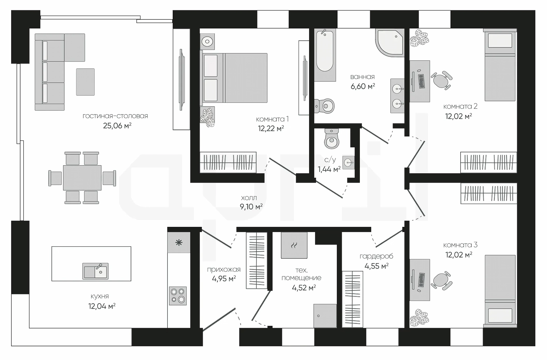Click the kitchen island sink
click(x=95, y=271)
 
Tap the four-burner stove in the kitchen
click(x=178, y=296)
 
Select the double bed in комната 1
click(x=235, y=78)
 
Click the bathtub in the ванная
click(x=325, y=51)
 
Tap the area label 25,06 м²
click(x=117, y=125)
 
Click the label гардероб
click(x=376, y=256)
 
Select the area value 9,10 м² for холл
click(x=251, y=207)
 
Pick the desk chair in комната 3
click(x=441, y=281)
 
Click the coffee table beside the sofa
click(x=85, y=82)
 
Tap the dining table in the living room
click(x=82, y=178)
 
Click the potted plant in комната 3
click(x=419, y=318)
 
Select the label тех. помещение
click(x=301, y=274)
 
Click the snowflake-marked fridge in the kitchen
click(x=179, y=243)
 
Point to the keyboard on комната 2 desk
click(x=422, y=81)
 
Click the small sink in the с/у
click(x=348, y=163)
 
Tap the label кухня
click(x=100, y=296)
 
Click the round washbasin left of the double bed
click(x=207, y=42)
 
